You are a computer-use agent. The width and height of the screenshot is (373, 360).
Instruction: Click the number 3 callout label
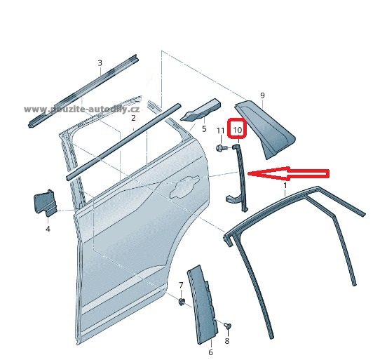[100, 63]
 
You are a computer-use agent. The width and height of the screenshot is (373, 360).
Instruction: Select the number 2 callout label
[133, 118]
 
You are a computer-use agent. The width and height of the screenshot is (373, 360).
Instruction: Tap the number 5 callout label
[204, 129]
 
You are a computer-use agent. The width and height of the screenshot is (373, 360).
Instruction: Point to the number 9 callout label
[262, 95]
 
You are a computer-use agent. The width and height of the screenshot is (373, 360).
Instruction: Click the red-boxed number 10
[238, 130]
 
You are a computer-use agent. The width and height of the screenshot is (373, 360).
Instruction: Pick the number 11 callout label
[221, 131]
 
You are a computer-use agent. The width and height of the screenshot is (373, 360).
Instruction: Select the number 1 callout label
[285, 185]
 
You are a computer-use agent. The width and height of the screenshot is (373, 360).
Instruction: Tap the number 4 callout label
[48, 229]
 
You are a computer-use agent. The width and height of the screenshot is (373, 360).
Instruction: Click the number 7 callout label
[181, 285]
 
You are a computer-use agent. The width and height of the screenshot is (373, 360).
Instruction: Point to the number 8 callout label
[227, 341]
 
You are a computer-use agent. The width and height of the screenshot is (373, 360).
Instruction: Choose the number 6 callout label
[211, 352]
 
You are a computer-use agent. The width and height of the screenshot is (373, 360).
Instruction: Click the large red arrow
[289, 173]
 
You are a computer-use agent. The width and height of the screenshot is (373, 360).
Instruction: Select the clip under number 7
[182, 302]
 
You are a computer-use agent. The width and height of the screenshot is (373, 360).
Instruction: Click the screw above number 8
[229, 326]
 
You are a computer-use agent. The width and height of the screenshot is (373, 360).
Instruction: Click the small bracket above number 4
[45, 203]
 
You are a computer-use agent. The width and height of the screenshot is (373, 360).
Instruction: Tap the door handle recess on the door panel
[183, 187]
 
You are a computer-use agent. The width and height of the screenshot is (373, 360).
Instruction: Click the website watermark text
[81, 109]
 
